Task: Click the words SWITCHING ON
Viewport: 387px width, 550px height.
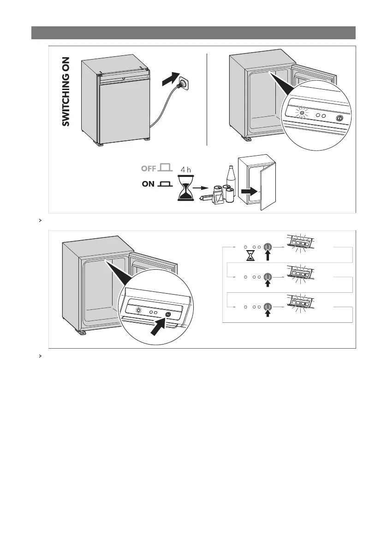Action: coord(66,92)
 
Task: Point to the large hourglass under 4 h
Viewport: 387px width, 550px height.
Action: coord(186,188)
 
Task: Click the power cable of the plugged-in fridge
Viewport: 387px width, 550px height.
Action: coord(160,110)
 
